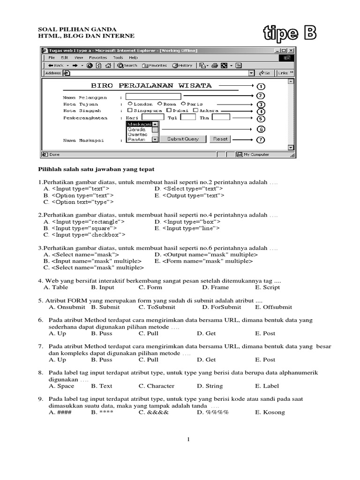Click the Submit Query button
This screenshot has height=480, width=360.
(x=182, y=139)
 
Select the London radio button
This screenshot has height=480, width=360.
(x=130, y=104)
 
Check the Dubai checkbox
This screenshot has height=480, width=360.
(x=162, y=111)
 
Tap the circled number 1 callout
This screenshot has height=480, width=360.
(x=261, y=86)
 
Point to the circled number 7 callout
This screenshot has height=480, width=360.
(x=261, y=140)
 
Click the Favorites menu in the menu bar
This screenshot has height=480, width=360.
(x=98, y=58)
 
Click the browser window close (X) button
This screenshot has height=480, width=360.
(x=291, y=50)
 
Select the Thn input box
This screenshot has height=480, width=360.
(x=221, y=117)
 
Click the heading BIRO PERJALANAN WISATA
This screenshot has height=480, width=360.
(x=151, y=86)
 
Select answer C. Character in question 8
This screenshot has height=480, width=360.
(x=157, y=386)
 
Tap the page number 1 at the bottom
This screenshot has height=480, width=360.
(x=188, y=439)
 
